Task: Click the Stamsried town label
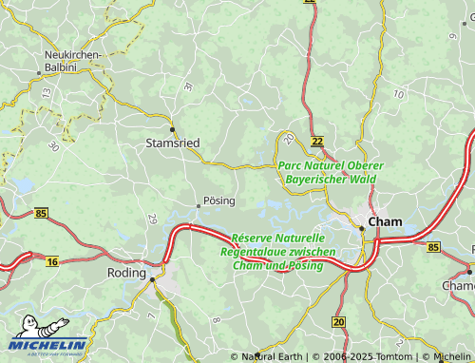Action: click(x=173, y=143)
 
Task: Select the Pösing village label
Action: click(x=218, y=201)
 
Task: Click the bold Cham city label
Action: click(x=385, y=221)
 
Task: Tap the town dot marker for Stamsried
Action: click(x=172, y=128)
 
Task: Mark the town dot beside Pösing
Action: click(x=198, y=203)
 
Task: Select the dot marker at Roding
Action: click(x=152, y=279)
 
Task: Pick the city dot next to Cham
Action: click(x=362, y=227)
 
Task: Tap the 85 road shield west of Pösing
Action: click(x=40, y=215)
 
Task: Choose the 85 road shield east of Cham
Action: click(x=433, y=247)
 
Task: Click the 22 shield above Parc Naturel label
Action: click(x=317, y=141)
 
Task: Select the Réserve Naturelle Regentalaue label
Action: click(x=277, y=251)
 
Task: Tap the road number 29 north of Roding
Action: click(x=152, y=220)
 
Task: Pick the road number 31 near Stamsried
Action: click(x=187, y=86)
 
